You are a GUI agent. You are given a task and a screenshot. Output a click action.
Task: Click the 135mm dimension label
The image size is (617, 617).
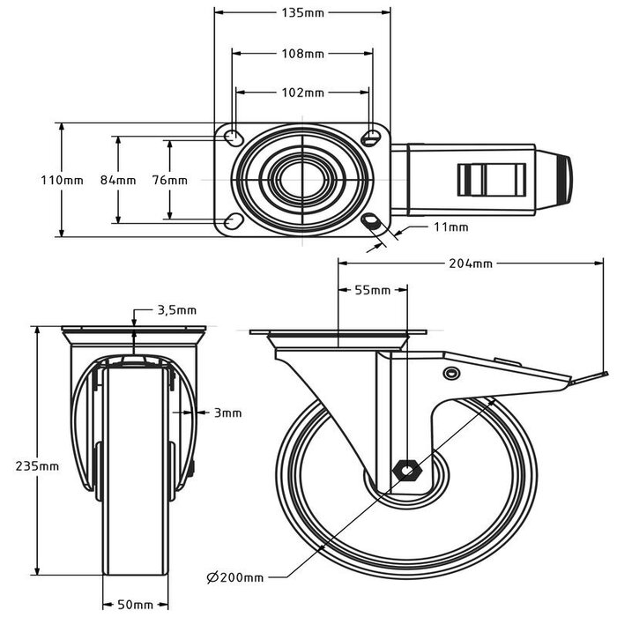click(x=302, y=13)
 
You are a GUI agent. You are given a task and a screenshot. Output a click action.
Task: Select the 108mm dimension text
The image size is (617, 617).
click(x=302, y=54)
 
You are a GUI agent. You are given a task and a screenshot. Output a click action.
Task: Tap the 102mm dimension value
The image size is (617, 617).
click(x=302, y=93)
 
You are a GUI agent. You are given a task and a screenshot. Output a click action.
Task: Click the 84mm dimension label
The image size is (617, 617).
click(x=118, y=180)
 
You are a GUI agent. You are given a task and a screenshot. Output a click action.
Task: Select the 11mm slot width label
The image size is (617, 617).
click(x=450, y=227)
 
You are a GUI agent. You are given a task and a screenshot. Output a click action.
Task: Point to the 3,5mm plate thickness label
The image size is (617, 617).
click(x=175, y=310)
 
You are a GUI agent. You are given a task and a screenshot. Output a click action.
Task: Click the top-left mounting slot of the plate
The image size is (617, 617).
click(x=234, y=137)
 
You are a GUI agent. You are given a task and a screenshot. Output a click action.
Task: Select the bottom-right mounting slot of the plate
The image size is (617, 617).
click(x=371, y=220)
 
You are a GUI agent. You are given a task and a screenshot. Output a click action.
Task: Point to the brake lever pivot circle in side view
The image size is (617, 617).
click(x=451, y=374)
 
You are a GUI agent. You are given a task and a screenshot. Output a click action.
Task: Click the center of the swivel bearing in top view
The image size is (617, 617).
click(x=302, y=179)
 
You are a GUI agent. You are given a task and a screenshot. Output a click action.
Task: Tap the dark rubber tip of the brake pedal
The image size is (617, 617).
click(x=561, y=180)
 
